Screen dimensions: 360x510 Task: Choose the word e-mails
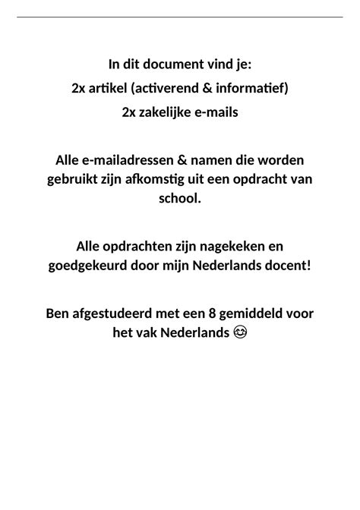click(218, 112)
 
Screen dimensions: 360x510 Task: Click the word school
click(179, 198)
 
